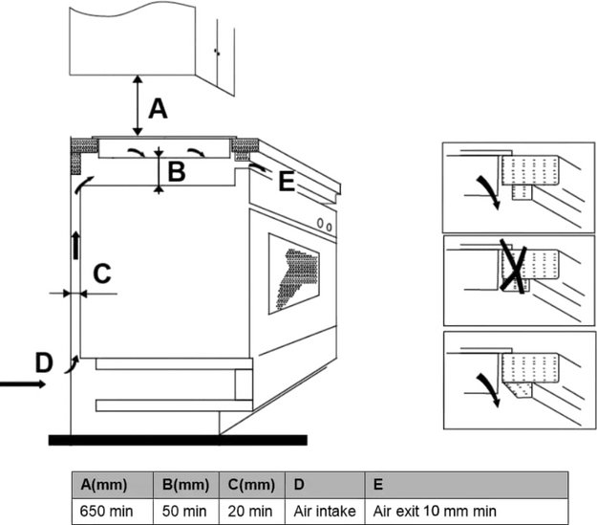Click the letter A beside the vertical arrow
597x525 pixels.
pyautogui.click(x=158, y=109)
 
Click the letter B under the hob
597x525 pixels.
pyautogui.click(x=176, y=172)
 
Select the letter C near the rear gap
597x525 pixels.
pyautogui.click(x=101, y=273)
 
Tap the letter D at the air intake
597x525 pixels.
pyautogui.click(x=43, y=362)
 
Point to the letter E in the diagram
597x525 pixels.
pyautogui.click(x=286, y=181)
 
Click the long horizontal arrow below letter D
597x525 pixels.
pyautogui.click(x=19, y=384)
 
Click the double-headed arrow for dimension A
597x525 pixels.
pyautogui.click(x=139, y=107)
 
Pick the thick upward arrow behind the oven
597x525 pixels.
pyautogui.click(x=75, y=246)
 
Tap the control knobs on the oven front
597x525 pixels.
pyautogui.click(x=326, y=226)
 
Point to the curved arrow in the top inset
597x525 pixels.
pyautogui.click(x=489, y=186)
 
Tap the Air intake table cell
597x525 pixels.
pyautogui.click(x=324, y=512)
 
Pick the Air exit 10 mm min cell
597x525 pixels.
pyautogui.click(x=436, y=512)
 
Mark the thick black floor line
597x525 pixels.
pyautogui.click(x=177, y=440)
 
